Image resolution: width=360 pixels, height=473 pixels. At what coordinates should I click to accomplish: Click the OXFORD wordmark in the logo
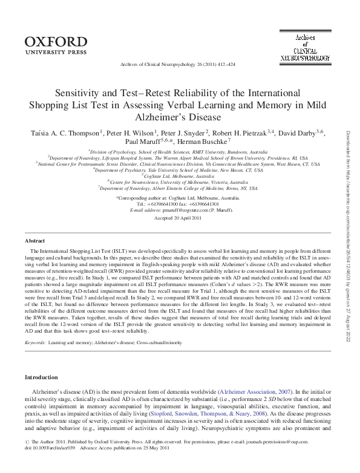[x=56, y=42]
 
